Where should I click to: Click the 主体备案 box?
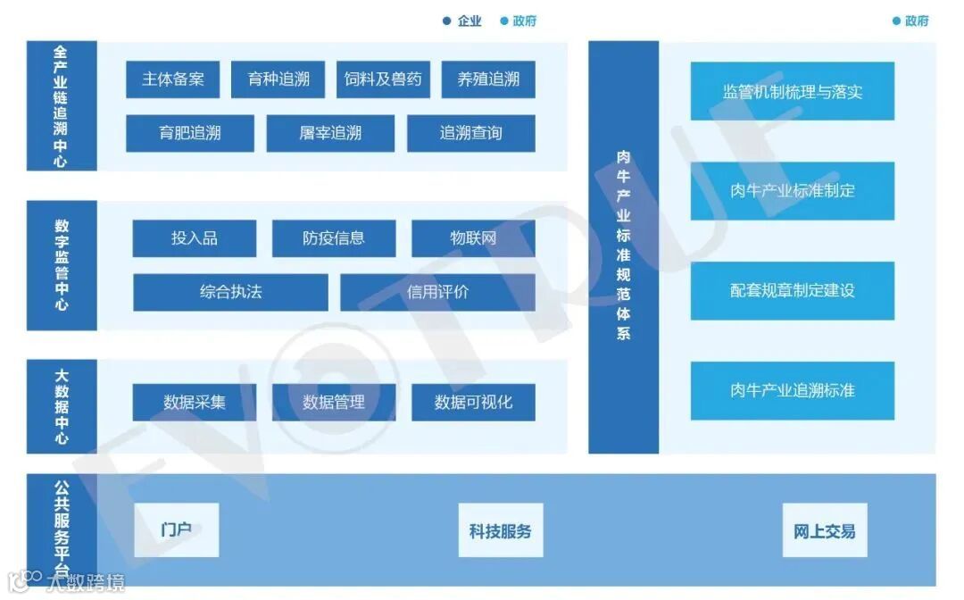pyautogui.click(x=173, y=79)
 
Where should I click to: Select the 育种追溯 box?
pyautogui.click(x=278, y=79)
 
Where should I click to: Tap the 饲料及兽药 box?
pyautogui.click(x=384, y=79)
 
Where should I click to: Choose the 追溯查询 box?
pyautogui.click(x=471, y=134)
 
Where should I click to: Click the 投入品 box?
pyautogui.click(x=195, y=238)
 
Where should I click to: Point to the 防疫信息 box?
pyautogui.click(x=334, y=238)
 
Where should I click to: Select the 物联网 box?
pyautogui.click(x=473, y=238)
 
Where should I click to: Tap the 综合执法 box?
pyautogui.click(x=230, y=292)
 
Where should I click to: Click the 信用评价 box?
pyautogui.click(x=437, y=292)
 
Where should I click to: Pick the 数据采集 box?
pyautogui.click(x=195, y=403)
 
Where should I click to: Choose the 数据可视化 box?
pyautogui.click(x=473, y=403)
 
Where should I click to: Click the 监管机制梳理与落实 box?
pyautogui.click(x=792, y=91)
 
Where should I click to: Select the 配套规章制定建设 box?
pyautogui.click(x=792, y=291)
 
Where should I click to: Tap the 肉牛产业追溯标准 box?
pyautogui.click(x=792, y=391)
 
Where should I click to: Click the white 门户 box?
pyautogui.click(x=177, y=530)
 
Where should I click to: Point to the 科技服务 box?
pyautogui.click(x=501, y=531)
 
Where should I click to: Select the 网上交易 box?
pyautogui.click(x=824, y=531)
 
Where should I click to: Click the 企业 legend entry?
pyautogui.click(x=462, y=21)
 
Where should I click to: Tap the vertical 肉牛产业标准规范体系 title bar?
pyautogui.click(x=623, y=246)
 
